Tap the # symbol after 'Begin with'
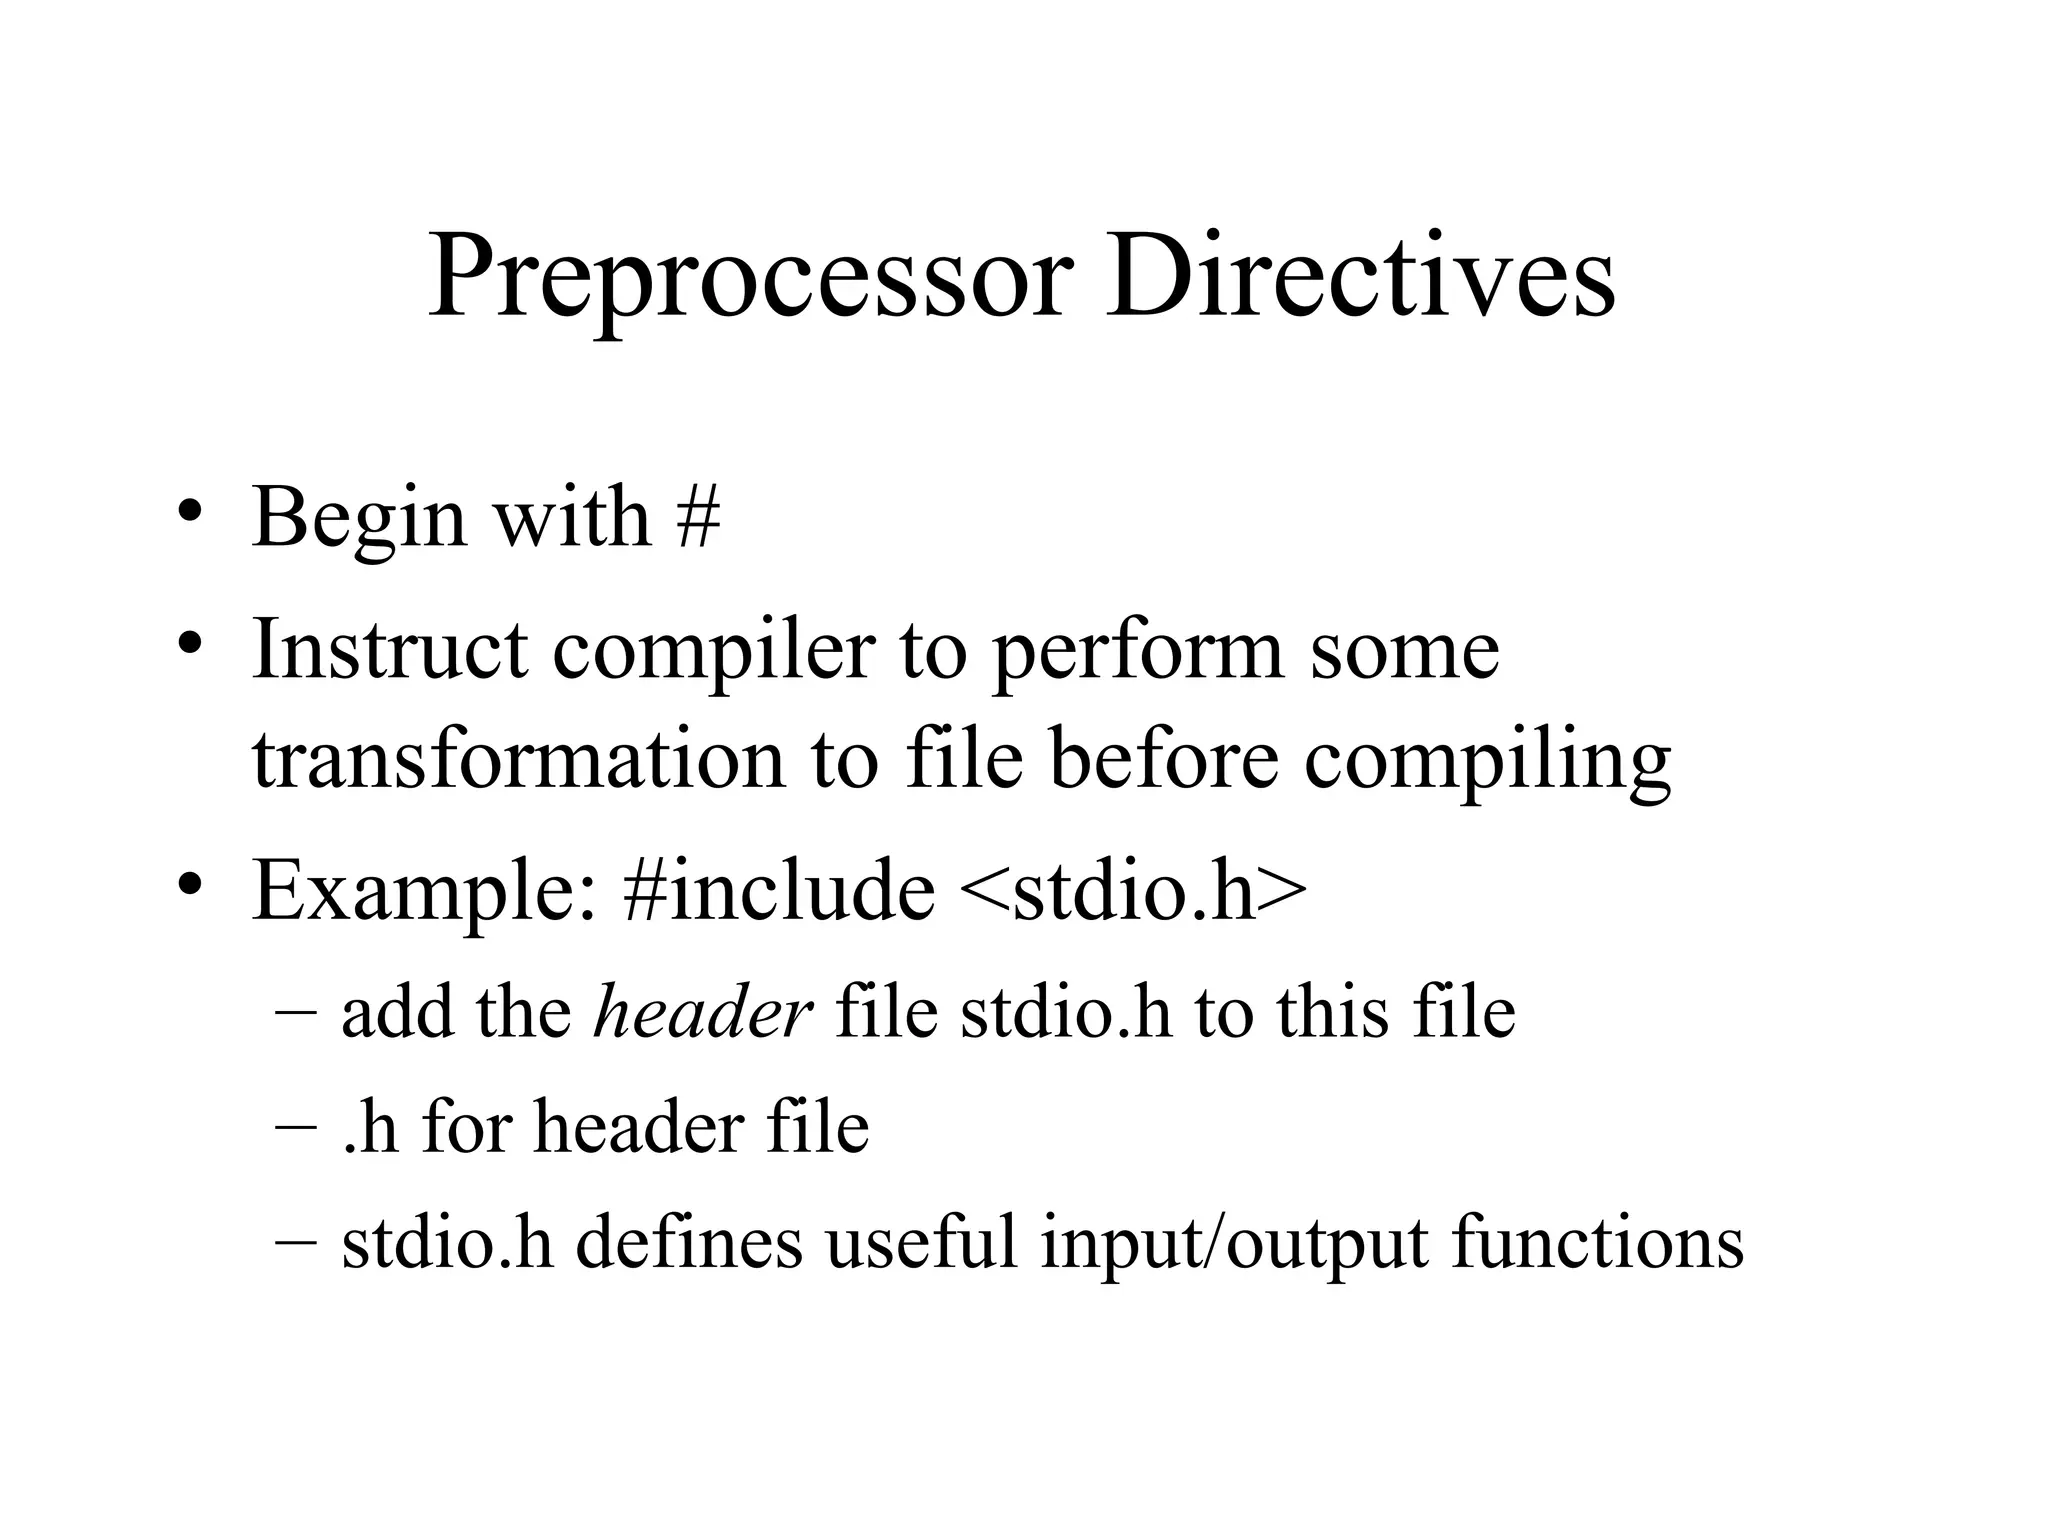pyautogui.click(x=698, y=518)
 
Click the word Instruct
pyautogui.click(x=389, y=650)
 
